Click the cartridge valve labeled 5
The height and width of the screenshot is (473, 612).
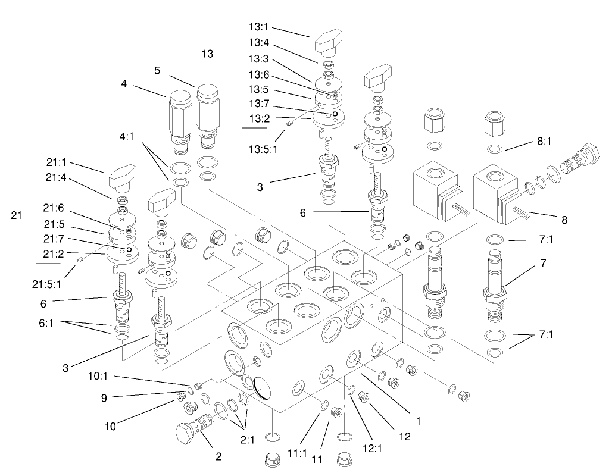click(x=208, y=113)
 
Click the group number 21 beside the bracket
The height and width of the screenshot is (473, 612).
click(x=16, y=215)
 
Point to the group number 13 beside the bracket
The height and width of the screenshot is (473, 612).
click(x=208, y=54)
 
